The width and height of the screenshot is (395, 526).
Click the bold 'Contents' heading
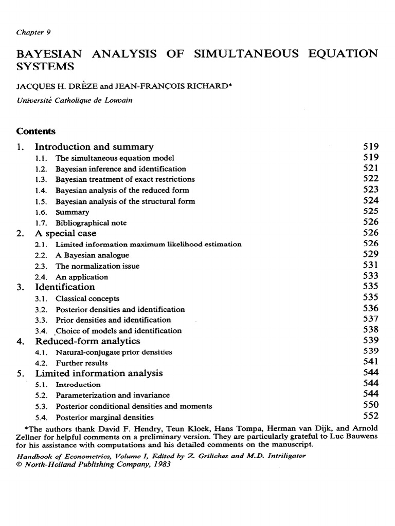click(x=35, y=131)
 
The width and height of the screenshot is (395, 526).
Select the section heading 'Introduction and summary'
click(x=94, y=147)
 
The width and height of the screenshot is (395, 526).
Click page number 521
click(x=370, y=168)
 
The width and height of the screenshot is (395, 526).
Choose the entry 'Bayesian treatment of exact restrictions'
click(x=125, y=179)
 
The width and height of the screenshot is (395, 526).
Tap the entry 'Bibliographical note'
click(x=91, y=223)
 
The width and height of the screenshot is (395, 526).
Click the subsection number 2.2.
click(x=41, y=255)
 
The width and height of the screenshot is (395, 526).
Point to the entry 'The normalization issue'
click(x=97, y=266)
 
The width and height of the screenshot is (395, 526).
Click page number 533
click(x=370, y=276)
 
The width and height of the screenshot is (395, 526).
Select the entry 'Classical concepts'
click(x=87, y=298)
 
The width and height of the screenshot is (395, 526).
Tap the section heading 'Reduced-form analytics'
click(x=87, y=341)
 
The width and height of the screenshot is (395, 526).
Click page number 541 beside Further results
click(x=370, y=363)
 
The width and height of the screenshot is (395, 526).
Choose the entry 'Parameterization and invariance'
click(x=113, y=396)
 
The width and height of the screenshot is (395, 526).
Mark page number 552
click(x=370, y=416)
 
